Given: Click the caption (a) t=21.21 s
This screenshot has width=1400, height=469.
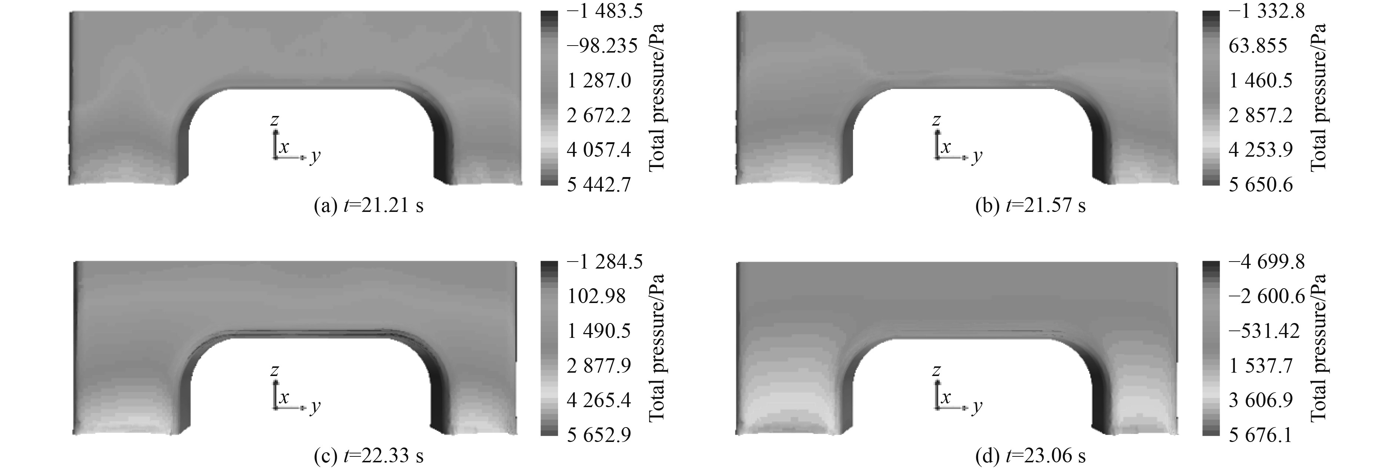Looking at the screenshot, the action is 369,206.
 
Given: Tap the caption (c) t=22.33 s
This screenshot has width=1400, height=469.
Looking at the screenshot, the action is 369,456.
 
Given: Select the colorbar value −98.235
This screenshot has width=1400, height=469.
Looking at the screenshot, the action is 601,46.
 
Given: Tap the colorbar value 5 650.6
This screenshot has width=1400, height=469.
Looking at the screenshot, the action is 1261,185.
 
